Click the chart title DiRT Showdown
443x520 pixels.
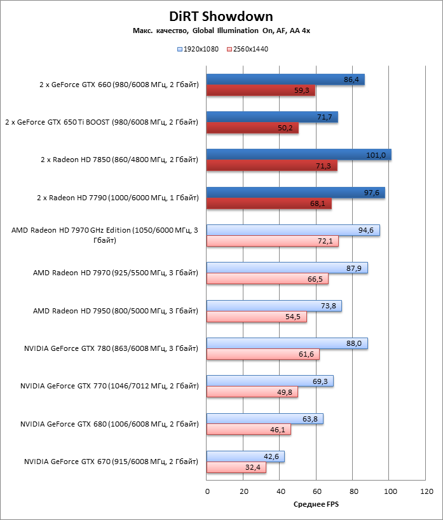pyautogui.click(x=221, y=17)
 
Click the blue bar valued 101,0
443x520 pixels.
pyautogui.click(x=299, y=154)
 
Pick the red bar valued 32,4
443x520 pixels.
pyautogui.click(x=236, y=467)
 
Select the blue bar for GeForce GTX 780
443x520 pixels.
pyautogui.click(x=287, y=343)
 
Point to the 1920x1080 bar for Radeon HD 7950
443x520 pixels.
pyautogui.click(x=274, y=306)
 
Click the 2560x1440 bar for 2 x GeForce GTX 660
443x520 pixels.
pyautogui.click(x=261, y=90)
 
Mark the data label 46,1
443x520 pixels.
pyautogui.click(x=278, y=430)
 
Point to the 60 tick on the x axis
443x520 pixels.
pyautogui.click(x=317, y=491)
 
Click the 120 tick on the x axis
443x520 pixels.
pyautogui.click(x=427, y=491)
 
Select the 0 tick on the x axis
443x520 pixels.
pyautogui.click(x=207, y=491)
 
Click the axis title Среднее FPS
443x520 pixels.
pyautogui.click(x=316, y=504)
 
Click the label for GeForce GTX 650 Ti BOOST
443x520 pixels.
pyautogui.click(x=101, y=122)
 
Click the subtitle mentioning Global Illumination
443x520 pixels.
pyautogui.click(x=221, y=30)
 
